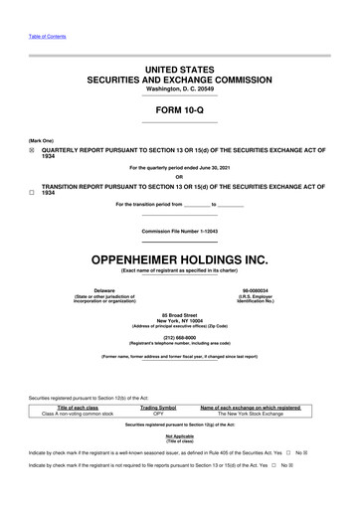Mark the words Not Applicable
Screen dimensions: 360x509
pos(180,464)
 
